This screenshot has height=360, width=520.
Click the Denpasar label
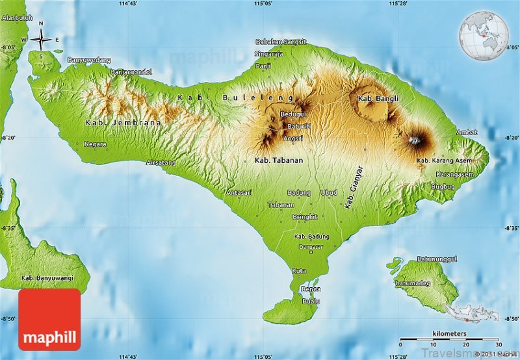pos(311,247)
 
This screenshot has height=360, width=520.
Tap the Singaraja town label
pos(269,54)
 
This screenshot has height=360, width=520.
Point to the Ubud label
pos(329,192)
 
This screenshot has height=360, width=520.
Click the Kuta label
pos(300,270)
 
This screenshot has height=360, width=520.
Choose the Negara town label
pos(95,144)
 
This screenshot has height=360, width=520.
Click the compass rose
pos(41,40)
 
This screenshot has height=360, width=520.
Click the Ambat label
pos(467,132)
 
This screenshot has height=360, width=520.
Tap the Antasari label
pos(239,192)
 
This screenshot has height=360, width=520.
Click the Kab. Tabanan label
pos(279,159)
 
